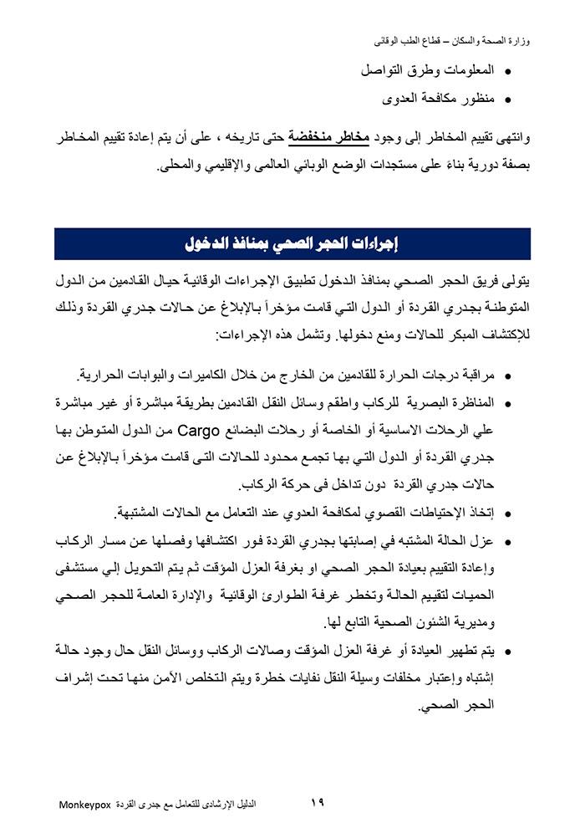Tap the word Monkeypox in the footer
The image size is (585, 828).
click(85, 805)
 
